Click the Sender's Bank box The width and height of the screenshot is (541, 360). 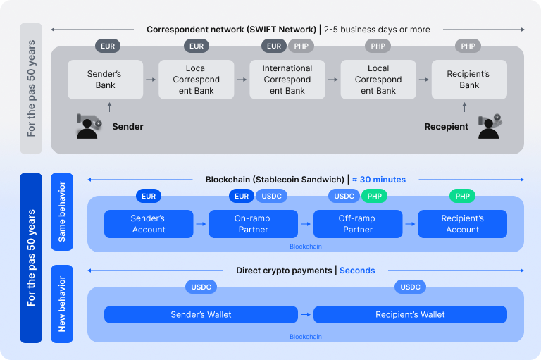[x=105, y=80]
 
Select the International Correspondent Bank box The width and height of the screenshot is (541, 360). [x=287, y=80]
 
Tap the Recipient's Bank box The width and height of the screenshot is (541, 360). [x=469, y=80]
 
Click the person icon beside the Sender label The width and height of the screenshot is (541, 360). [x=89, y=126]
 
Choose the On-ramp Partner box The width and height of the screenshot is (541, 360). [x=253, y=224]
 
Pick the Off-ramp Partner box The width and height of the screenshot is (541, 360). [x=358, y=224]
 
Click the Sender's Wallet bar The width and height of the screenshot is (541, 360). [x=201, y=314]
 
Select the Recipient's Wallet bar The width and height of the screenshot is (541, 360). [x=410, y=314]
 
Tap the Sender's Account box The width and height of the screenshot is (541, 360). [x=149, y=224]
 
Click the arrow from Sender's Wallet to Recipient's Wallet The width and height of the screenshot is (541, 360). [x=306, y=314]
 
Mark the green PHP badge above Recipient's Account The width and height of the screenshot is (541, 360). [x=462, y=196]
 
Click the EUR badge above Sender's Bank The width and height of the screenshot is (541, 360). [x=108, y=46]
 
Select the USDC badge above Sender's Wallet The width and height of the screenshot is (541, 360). [x=201, y=287]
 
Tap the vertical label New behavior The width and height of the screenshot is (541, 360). [x=62, y=304]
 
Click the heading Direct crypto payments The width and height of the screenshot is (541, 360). [x=284, y=271]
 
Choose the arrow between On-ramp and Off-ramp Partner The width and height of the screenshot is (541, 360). [x=306, y=224]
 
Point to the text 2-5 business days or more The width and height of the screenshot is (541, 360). [x=377, y=30]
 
